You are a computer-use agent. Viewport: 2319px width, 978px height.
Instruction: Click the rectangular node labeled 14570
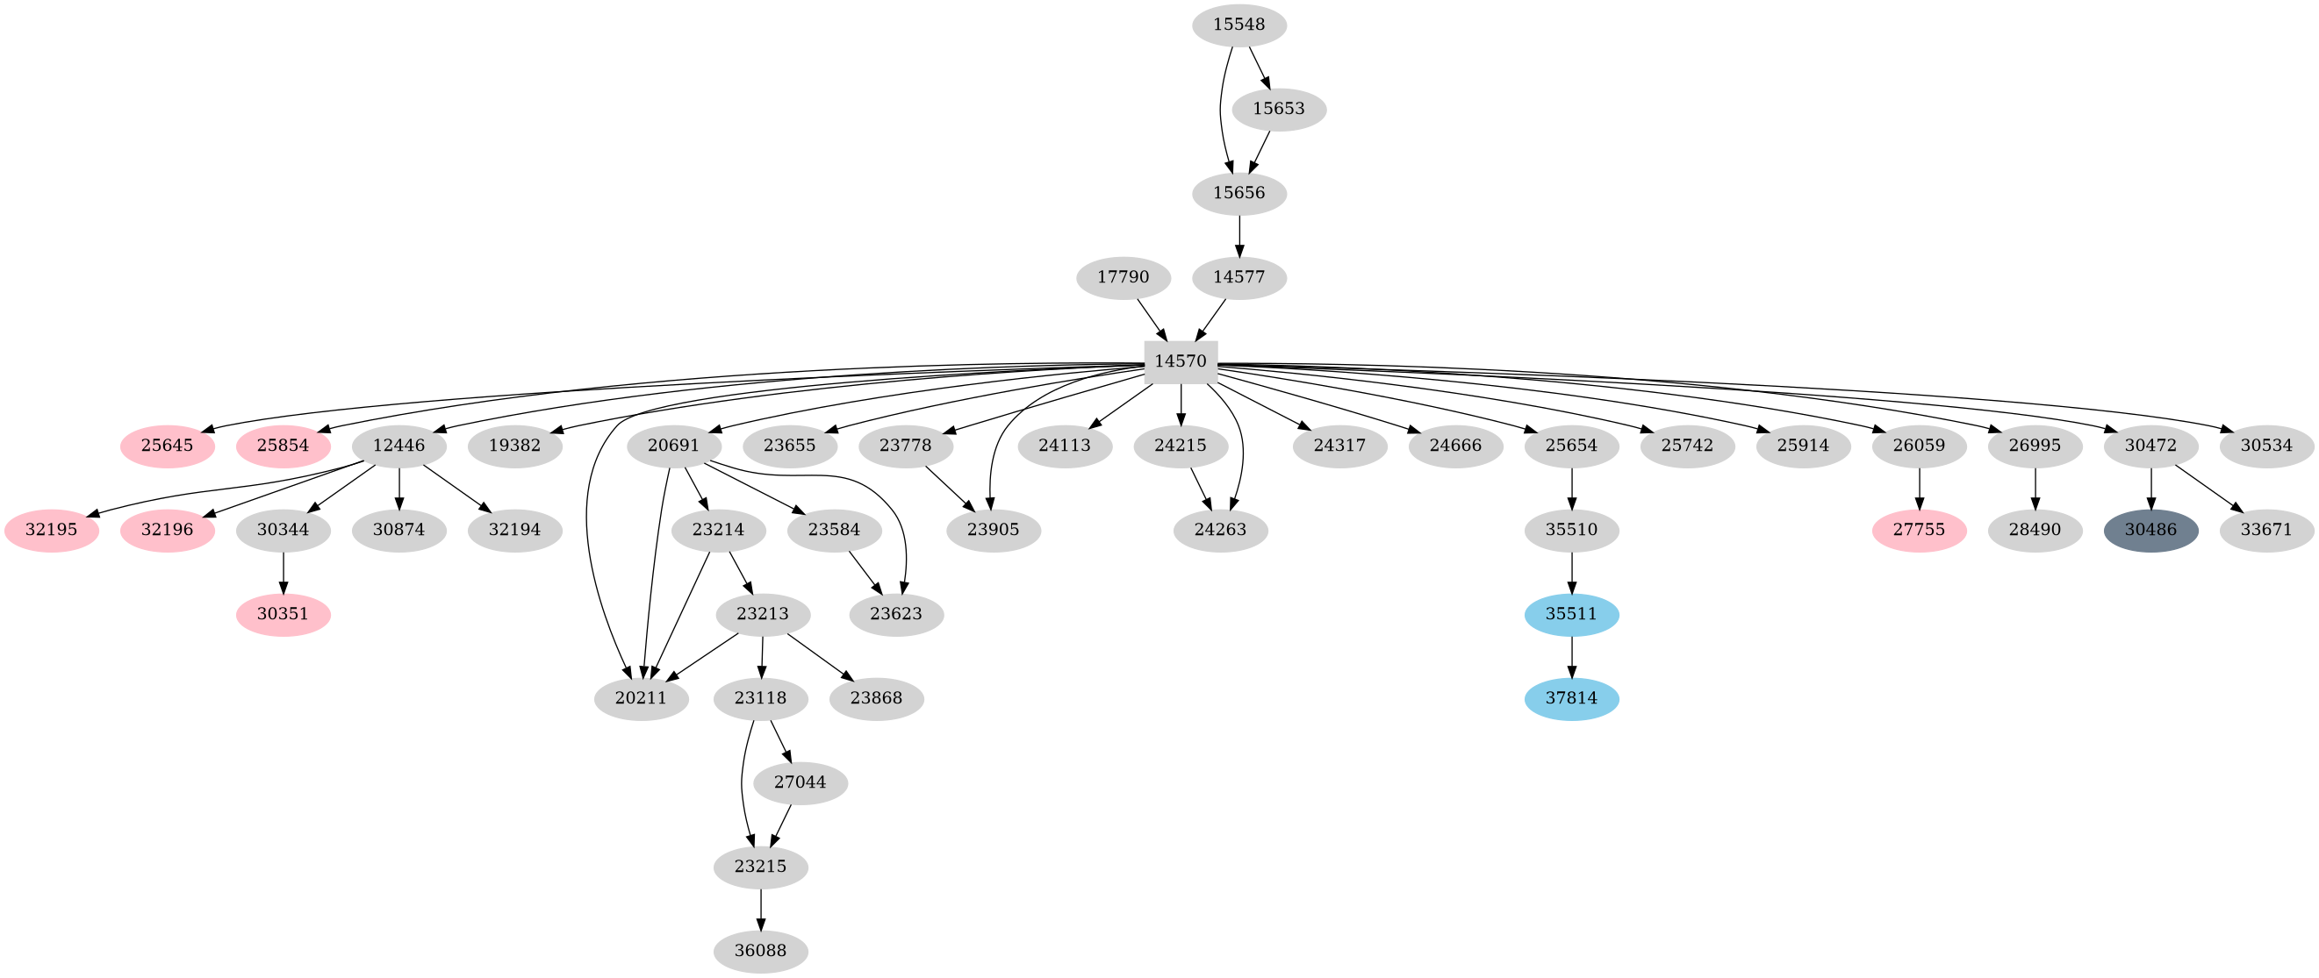click(1181, 361)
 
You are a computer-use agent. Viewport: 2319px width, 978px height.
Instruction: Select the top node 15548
click(1238, 25)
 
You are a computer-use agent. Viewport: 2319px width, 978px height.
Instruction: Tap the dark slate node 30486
click(2150, 530)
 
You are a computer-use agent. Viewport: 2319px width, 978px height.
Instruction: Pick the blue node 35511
click(1571, 615)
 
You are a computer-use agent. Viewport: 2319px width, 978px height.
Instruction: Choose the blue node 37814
click(1571, 698)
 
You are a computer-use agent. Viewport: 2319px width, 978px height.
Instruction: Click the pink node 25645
click(168, 446)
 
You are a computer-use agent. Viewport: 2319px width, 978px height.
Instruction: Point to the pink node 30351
click(283, 615)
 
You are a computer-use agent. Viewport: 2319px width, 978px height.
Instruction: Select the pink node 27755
click(1920, 530)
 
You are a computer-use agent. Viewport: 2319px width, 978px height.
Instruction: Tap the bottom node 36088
click(761, 951)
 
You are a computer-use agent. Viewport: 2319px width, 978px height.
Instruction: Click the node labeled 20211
click(641, 698)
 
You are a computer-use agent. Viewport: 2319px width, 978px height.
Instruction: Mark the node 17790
click(1123, 277)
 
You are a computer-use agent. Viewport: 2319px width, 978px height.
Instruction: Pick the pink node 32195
click(51, 530)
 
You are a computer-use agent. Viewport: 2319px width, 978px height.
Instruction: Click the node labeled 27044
click(800, 782)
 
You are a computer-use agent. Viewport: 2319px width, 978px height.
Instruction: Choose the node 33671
click(2265, 530)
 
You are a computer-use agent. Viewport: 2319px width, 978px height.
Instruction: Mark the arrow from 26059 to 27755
click(1920, 488)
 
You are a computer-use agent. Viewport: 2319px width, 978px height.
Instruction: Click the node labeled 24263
click(1220, 530)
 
